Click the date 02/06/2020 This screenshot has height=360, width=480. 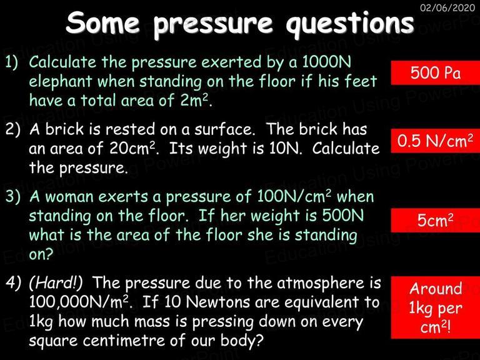pos(447,7)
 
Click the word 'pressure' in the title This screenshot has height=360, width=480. pos(213,24)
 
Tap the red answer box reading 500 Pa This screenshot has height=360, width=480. pos(435,73)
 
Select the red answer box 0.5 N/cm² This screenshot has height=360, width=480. pos(435,141)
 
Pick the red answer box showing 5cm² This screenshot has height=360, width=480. pos(435,221)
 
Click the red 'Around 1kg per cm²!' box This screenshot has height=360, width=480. pos(435,307)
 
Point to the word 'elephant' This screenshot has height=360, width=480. pos(60,82)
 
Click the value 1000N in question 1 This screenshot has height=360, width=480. pos(326,62)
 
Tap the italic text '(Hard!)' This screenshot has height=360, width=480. pos(56,282)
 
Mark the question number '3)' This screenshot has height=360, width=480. pos(13,196)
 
